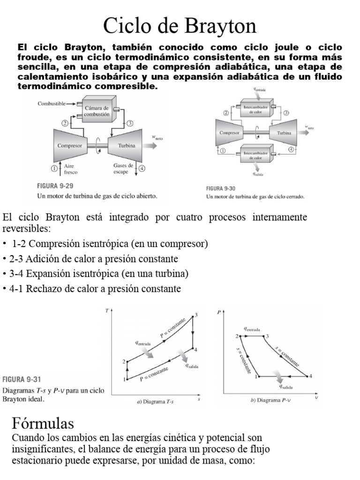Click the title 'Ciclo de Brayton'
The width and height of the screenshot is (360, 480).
click(180, 25)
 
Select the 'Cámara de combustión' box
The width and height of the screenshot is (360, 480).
click(97, 111)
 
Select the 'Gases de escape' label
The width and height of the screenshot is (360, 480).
click(123, 169)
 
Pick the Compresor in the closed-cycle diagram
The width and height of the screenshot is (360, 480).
click(230, 133)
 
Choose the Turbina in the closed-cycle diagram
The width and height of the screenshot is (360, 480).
click(284, 133)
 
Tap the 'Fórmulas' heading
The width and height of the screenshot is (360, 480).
click(43, 424)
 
